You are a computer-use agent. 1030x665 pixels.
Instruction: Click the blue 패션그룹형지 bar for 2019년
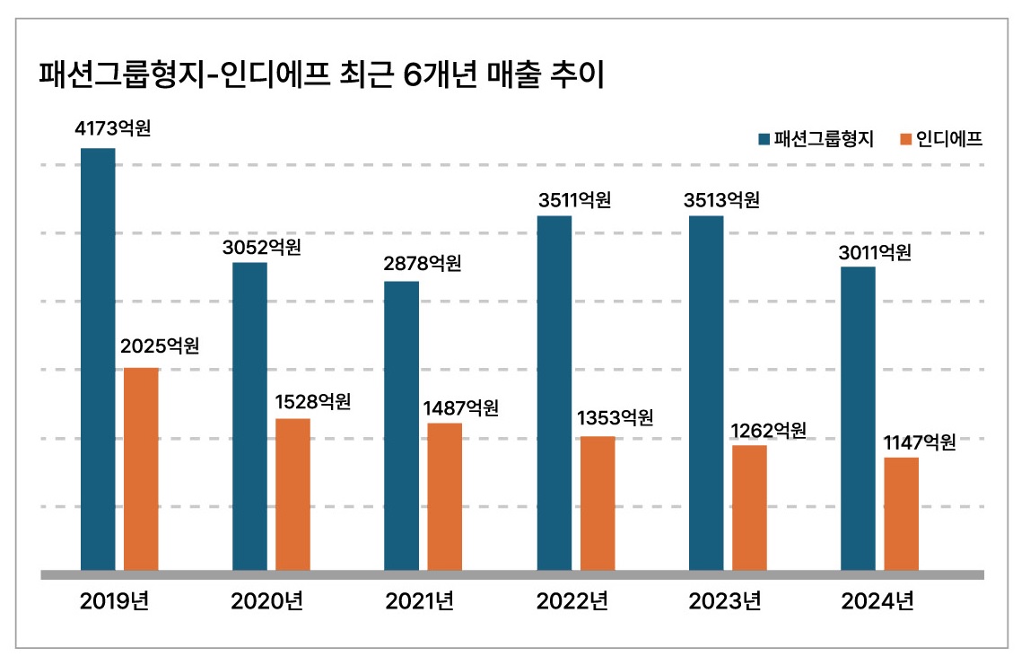(x=98, y=359)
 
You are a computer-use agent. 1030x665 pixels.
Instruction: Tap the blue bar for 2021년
(x=401, y=425)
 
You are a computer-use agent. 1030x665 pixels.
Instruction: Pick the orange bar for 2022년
(x=598, y=503)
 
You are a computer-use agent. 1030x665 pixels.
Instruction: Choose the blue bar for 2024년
(x=858, y=418)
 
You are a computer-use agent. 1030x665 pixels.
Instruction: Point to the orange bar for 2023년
(x=749, y=507)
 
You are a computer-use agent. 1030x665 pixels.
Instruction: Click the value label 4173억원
(x=112, y=128)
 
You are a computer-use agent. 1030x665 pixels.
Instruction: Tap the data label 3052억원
(x=262, y=246)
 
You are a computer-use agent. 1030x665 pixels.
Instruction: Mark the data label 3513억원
(x=721, y=200)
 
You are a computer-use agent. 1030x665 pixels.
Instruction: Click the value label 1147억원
(x=919, y=442)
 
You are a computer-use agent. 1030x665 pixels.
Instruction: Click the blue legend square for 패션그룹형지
(x=764, y=139)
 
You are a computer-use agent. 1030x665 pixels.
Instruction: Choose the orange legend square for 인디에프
(x=905, y=139)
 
